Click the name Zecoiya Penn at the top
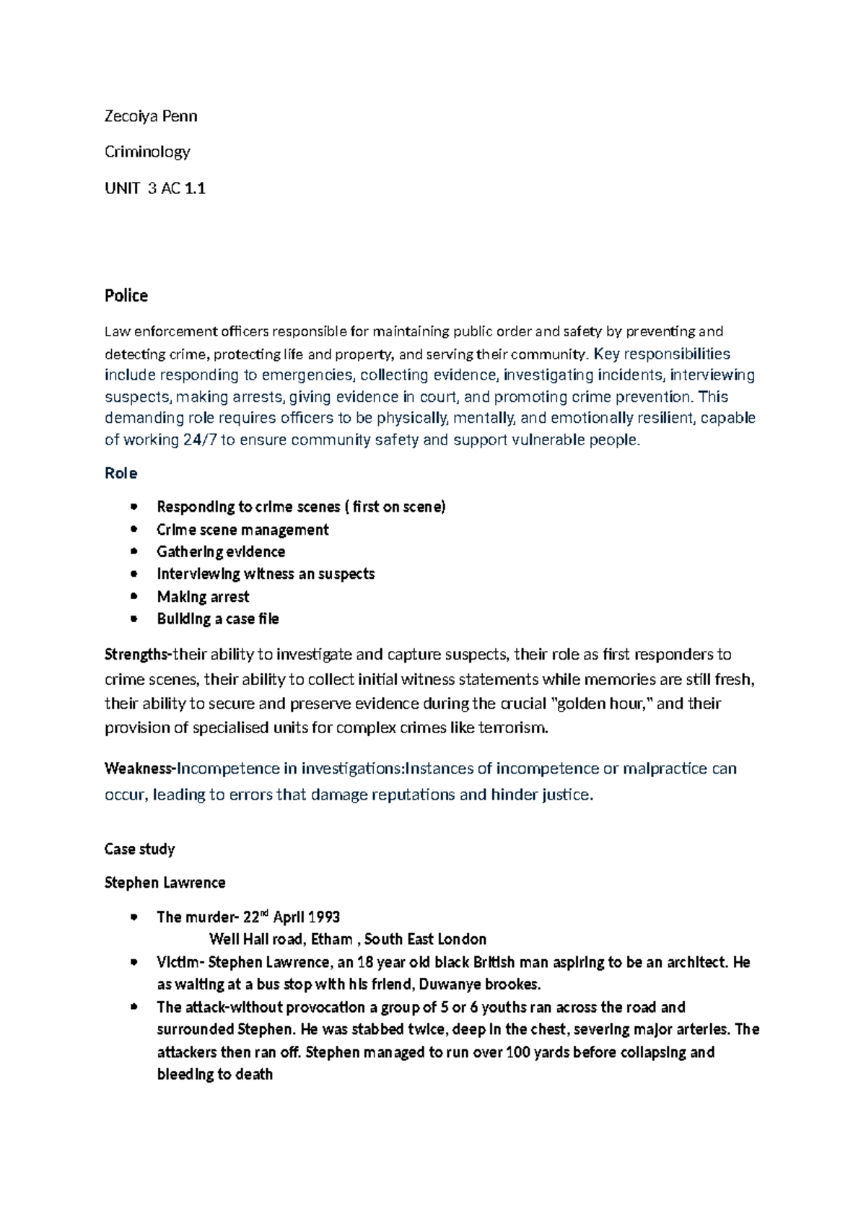(x=151, y=116)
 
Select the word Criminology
(x=147, y=152)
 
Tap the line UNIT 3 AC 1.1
(x=155, y=189)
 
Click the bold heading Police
(x=126, y=295)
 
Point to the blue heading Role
(x=121, y=473)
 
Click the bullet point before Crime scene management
(x=134, y=530)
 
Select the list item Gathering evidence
(x=221, y=552)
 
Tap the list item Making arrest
(x=203, y=597)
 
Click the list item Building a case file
(x=218, y=619)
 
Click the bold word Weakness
(x=139, y=769)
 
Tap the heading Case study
(x=139, y=849)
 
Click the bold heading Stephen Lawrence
(x=165, y=883)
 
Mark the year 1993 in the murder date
(x=324, y=917)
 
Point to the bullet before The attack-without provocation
(x=134, y=1007)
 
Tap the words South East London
(x=425, y=940)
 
